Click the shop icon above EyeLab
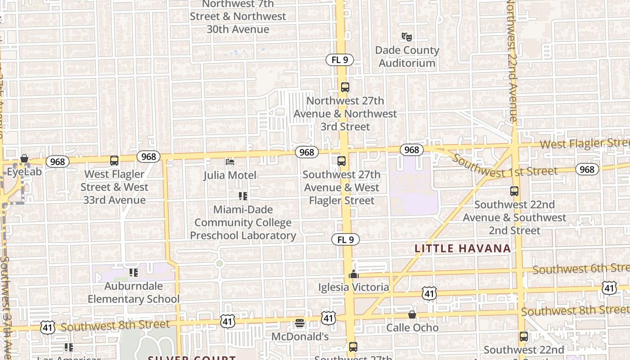(24, 159)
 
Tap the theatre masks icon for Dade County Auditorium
(407, 37)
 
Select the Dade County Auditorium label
(407, 57)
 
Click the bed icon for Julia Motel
(230, 162)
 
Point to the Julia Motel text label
(230, 175)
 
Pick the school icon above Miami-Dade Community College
(243, 196)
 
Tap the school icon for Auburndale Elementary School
(133, 273)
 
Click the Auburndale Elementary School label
(133, 292)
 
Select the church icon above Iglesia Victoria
(354, 274)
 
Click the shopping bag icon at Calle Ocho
(412, 315)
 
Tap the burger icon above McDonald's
(300, 323)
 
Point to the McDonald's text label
(300, 337)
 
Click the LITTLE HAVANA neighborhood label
(463, 248)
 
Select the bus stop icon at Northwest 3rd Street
(345, 87)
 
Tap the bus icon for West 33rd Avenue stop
(114, 160)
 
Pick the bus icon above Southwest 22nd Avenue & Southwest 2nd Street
(514, 191)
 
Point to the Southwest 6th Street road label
(580, 269)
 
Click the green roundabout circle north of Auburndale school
(219, 264)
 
